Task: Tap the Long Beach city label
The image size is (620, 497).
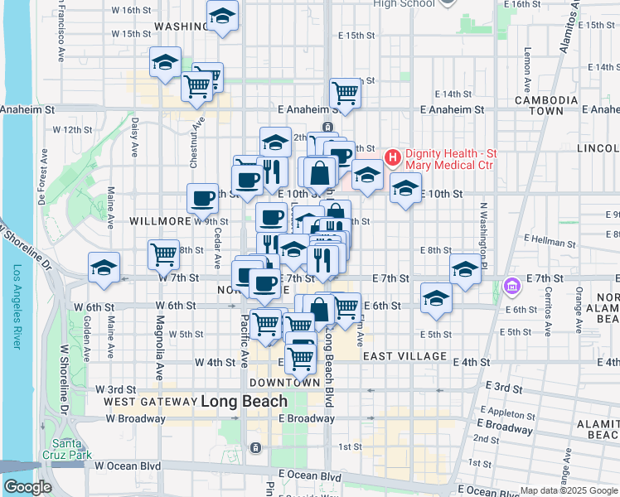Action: coord(245,402)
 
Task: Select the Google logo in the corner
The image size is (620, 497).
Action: coord(27,487)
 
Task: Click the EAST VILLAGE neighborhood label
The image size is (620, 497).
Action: coord(404,356)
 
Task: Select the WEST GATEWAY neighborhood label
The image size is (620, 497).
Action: coord(149,402)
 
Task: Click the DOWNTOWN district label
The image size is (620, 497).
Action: coord(283,383)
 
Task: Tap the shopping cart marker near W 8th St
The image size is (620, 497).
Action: coord(164,253)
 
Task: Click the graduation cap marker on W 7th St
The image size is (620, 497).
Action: coord(104,268)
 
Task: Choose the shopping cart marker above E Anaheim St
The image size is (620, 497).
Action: coord(345,92)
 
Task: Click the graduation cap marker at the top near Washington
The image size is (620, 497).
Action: coord(222,16)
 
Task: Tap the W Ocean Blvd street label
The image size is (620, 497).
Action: coord(127,466)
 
